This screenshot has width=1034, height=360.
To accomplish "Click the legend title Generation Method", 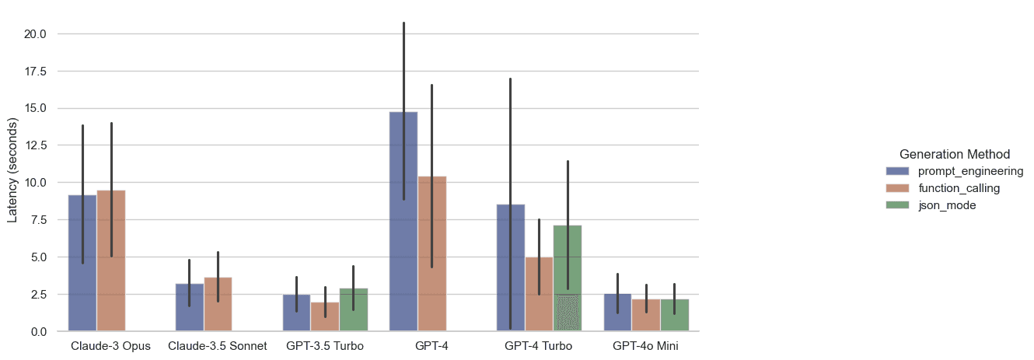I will pyautogui.click(x=954, y=154).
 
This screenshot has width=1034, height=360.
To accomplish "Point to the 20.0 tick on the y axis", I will pyautogui.click(x=35, y=34).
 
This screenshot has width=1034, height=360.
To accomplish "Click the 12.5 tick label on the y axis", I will pyautogui.click(x=35, y=145).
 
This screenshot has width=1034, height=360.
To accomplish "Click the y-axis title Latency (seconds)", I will pyautogui.click(x=12, y=170).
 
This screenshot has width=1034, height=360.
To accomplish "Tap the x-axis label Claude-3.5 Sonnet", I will pyautogui.click(x=218, y=346).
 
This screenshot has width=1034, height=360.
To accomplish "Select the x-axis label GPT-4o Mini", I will pyautogui.click(x=645, y=346).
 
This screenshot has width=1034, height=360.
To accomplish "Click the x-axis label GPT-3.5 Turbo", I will pyautogui.click(x=324, y=346).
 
